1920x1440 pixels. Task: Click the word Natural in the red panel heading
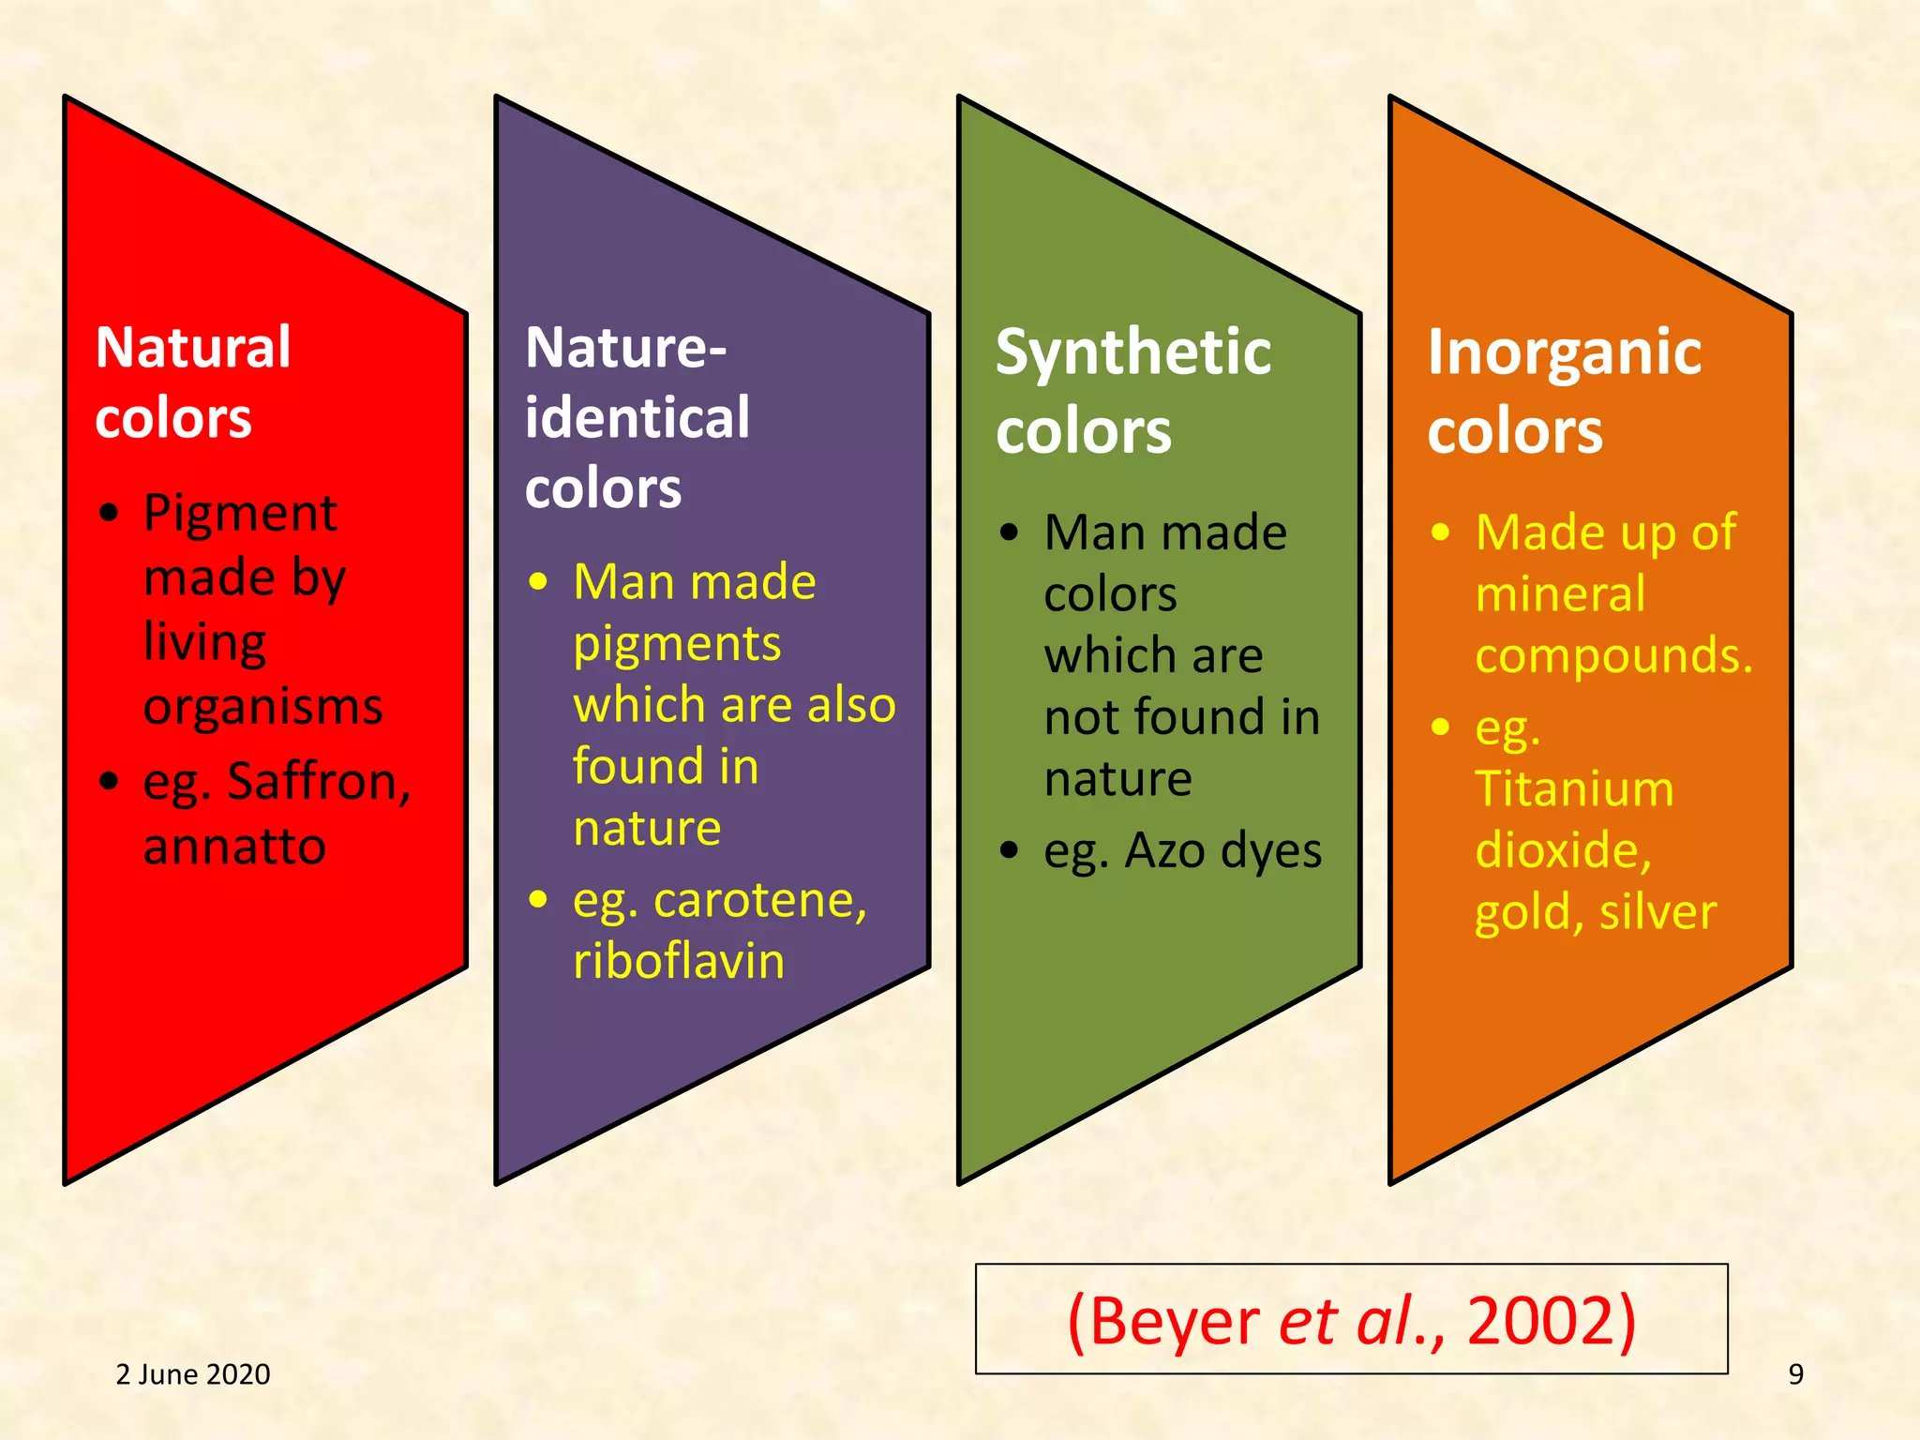coord(193,348)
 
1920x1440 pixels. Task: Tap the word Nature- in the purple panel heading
coord(625,348)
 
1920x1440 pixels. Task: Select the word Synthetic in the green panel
coord(1133,352)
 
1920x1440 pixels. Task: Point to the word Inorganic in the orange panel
coord(1564,352)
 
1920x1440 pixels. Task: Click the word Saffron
coord(319,782)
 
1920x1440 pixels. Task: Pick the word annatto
coord(234,847)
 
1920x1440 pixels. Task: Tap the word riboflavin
coord(679,962)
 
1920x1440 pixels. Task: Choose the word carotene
coord(759,901)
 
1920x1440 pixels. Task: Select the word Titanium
coord(1574,788)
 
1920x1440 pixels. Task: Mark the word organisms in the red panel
coord(262,707)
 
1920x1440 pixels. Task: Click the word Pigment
coord(240,514)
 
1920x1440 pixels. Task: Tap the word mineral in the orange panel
coord(1560,594)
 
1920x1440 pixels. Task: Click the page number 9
coord(1795,1374)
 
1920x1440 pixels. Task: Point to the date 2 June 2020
coord(193,1374)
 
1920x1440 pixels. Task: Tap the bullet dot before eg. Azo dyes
coord(1009,850)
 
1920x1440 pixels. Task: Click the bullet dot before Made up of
coord(1441,532)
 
